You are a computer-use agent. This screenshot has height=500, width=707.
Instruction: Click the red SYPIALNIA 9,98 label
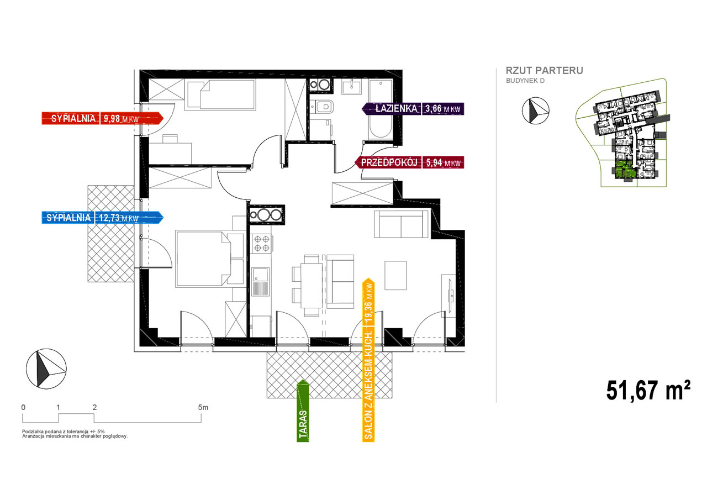pos(103,118)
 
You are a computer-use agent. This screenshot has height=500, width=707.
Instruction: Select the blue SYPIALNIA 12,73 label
pos(103,218)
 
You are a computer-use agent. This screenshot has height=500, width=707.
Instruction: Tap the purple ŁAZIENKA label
pos(413,109)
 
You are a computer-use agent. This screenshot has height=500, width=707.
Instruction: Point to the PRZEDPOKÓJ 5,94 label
pos(410,162)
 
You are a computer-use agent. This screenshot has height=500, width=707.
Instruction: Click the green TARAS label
pos(303,410)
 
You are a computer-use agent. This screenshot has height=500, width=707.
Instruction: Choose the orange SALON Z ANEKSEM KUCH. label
pos(368,360)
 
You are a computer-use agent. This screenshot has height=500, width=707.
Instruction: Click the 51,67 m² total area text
pos(648,391)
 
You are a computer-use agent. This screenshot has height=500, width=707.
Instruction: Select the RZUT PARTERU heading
pos(545,70)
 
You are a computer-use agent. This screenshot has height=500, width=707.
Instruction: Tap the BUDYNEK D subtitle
pos(525,81)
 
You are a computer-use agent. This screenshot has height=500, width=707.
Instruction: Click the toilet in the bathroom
pos(322,107)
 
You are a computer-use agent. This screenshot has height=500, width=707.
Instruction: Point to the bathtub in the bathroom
pos(381,109)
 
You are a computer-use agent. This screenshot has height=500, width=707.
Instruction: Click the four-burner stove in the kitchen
pos(262,244)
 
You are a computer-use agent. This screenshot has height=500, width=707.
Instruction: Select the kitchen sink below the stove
pos(261,281)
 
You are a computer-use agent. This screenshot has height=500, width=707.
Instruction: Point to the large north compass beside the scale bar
pos(46,369)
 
